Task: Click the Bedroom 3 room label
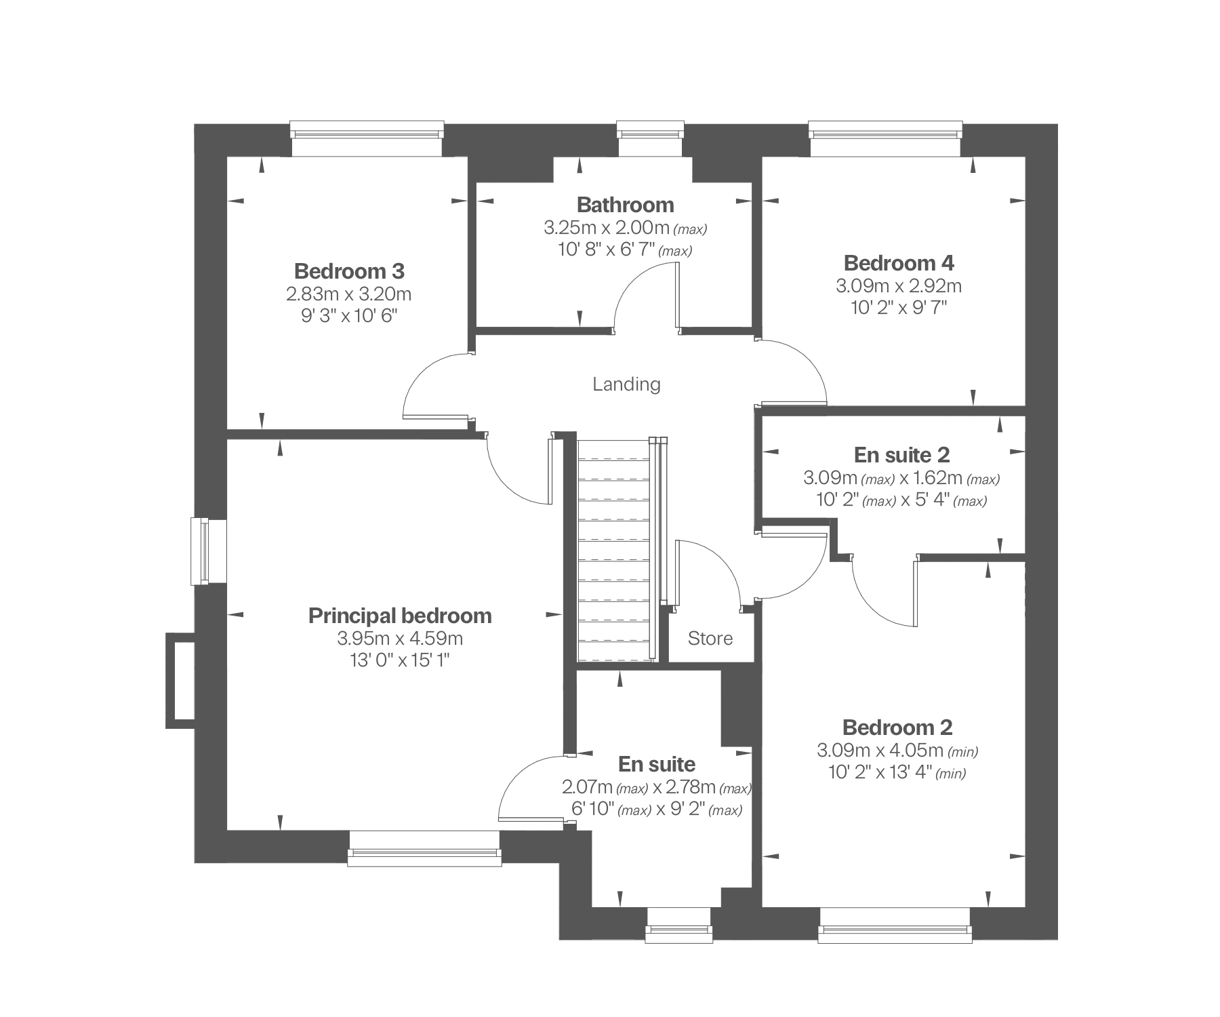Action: click(x=349, y=271)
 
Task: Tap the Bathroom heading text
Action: click(x=625, y=205)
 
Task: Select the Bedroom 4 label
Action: click(x=899, y=262)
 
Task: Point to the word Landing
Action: click(x=626, y=384)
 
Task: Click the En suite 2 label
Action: click(x=901, y=454)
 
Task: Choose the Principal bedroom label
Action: click(x=400, y=616)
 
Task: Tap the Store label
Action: click(x=710, y=638)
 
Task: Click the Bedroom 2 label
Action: click(x=897, y=727)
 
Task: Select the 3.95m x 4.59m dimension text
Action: click(x=400, y=638)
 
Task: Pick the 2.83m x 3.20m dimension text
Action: click(x=349, y=294)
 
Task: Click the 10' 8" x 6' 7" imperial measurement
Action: click(x=625, y=250)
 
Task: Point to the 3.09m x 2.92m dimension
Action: click(x=899, y=285)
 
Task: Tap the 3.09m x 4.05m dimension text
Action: click(x=897, y=751)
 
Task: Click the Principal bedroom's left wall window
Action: click(x=200, y=551)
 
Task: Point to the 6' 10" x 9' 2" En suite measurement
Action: click(x=657, y=810)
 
